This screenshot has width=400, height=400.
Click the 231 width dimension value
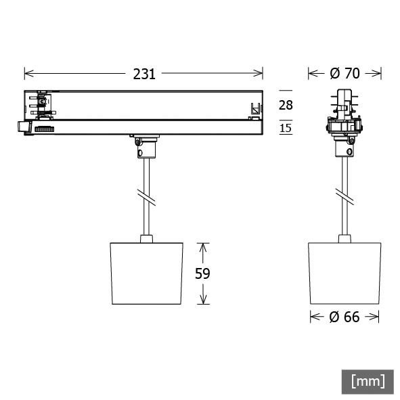(x=143, y=74)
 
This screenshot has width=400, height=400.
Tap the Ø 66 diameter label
(x=345, y=317)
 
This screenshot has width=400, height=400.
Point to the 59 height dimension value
(x=202, y=273)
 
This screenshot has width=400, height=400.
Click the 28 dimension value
(x=286, y=104)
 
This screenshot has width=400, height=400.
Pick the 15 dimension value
(x=286, y=127)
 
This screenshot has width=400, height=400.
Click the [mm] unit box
(x=368, y=381)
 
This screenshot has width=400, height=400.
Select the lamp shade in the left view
(x=146, y=272)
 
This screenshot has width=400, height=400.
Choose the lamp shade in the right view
(x=345, y=272)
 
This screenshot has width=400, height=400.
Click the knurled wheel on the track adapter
(x=44, y=128)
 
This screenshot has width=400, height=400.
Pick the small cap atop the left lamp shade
(x=146, y=238)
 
